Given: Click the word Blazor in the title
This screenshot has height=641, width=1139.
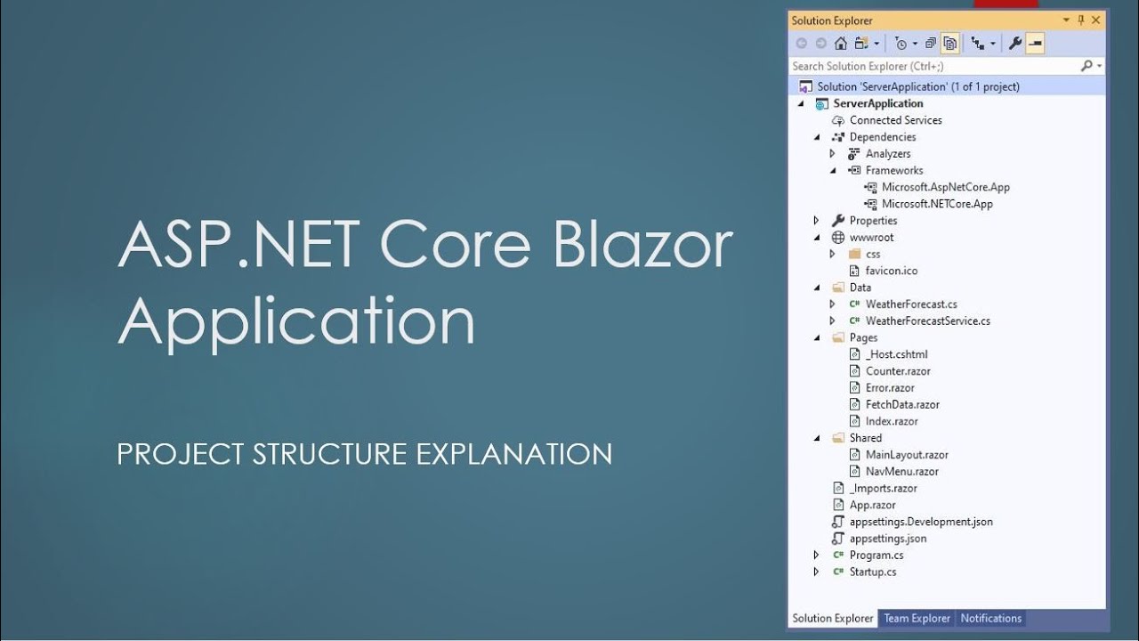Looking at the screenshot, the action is [x=642, y=243].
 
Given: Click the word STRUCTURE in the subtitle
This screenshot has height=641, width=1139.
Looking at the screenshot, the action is [x=329, y=453].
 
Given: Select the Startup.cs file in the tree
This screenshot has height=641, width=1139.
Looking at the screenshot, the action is [x=873, y=572].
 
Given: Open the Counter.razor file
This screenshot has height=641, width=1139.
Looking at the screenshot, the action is [x=898, y=371].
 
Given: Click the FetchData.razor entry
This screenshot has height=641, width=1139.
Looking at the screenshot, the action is [x=902, y=404].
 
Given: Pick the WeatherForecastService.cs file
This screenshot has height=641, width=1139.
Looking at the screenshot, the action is [x=928, y=321].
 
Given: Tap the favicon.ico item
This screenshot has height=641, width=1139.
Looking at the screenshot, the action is [x=892, y=271].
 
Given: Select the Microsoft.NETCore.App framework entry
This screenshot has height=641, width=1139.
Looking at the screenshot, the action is [x=937, y=204].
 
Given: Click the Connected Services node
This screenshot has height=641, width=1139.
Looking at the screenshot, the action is [x=895, y=120].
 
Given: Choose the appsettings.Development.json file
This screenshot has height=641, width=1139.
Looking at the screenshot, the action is [x=921, y=522].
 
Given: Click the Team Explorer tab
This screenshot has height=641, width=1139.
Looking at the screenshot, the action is [x=917, y=618].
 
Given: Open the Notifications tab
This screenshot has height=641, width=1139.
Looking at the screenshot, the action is [x=990, y=618].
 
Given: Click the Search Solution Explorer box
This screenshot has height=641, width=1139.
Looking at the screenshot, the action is [x=934, y=66].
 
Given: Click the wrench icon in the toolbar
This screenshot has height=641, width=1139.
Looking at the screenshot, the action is [x=1015, y=44].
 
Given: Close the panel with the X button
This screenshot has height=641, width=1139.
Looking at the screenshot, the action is [x=1095, y=20].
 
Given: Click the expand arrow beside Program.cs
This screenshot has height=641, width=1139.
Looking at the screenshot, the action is [x=816, y=555].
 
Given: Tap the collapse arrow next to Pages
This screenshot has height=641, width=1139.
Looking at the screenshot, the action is [x=817, y=338].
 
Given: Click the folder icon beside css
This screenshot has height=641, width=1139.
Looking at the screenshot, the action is [x=854, y=254].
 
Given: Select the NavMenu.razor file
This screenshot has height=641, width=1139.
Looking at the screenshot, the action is [x=902, y=472].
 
